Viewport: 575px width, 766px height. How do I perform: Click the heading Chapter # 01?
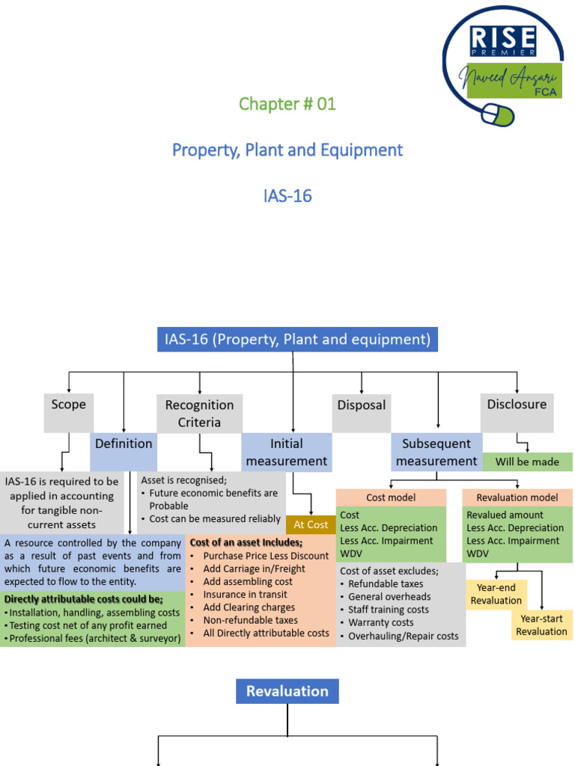(287, 104)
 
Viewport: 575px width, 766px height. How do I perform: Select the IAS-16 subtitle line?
(287, 196)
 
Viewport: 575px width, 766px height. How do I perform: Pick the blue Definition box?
(124, 444)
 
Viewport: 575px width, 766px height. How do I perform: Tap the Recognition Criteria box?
(199, 413)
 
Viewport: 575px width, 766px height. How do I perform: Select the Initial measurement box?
(287, 453)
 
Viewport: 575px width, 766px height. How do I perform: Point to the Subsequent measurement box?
(436, 453)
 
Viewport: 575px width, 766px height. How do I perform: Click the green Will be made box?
(527, 462)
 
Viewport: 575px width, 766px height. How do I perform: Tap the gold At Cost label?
(311, 524)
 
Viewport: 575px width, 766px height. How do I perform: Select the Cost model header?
(391, 497)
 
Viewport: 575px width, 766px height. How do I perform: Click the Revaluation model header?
(517, 497)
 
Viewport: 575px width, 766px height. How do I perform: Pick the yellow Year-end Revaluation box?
(496, 595)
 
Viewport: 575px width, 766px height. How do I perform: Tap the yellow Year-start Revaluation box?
(541, 625)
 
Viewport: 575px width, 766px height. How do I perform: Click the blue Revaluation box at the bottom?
(287, 691)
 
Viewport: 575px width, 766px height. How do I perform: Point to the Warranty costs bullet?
(381, 622)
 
